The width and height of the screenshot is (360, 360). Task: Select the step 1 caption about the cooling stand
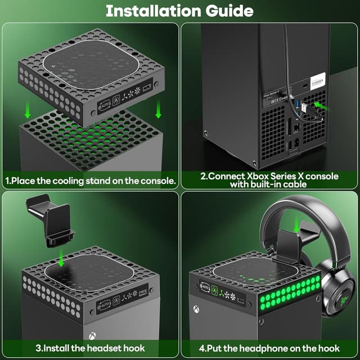(91, 181)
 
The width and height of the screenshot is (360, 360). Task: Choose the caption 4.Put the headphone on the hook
(269, 348)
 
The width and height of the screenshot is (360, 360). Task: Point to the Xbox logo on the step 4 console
(196, 309)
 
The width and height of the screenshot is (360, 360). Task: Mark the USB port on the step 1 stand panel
(147, 89)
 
